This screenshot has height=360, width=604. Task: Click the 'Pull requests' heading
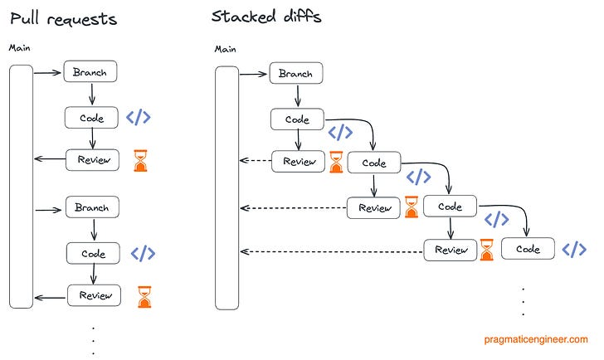[63, 18]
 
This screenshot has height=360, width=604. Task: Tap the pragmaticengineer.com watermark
[535, 339]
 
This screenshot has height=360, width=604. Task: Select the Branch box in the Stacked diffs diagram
[296, 74]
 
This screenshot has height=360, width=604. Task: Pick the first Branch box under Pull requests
[90, 71]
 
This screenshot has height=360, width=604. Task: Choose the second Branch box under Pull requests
[92, 207]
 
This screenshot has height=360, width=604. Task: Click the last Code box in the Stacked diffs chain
[528, 249]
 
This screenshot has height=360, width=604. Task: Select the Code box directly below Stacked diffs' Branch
[297, 119]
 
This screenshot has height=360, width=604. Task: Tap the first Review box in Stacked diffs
[299, 162]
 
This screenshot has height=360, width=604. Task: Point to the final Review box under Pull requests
[95, 295]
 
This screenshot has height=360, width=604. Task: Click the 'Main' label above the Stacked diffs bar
[226, 49]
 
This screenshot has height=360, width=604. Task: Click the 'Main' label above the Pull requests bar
[20, 48]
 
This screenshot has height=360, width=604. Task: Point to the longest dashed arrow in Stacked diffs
[332, 251]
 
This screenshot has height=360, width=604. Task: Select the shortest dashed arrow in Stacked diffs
[256, 162]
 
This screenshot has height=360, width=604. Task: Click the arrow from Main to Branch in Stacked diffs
[255, 74]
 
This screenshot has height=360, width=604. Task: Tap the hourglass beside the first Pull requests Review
[142, 161]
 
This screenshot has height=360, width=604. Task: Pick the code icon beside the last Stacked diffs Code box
[574, 249]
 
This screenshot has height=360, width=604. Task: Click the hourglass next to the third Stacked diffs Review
[486, 250]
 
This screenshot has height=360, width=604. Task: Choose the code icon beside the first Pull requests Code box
[138, 117]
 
